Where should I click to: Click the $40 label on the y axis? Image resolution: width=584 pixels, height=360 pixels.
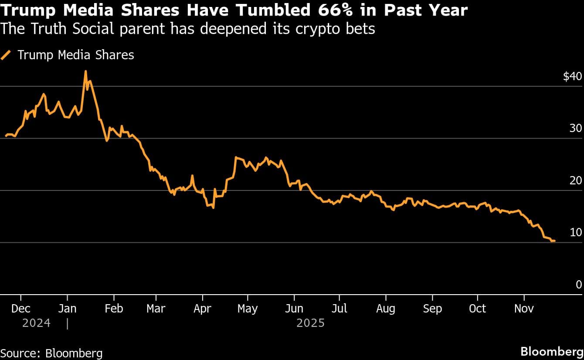[572, 77]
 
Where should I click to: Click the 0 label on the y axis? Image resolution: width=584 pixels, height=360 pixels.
[579, 285]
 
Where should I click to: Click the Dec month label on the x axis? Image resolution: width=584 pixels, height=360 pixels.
[21, 309]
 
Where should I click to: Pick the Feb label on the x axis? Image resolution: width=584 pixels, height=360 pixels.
[114, 309]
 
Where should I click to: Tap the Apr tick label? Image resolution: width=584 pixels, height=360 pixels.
[203, 309]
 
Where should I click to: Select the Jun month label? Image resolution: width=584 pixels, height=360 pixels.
[294, 309]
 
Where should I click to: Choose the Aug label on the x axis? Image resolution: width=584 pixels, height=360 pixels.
[385, 309]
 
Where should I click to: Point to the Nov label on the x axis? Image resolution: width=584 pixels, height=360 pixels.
[524, 309]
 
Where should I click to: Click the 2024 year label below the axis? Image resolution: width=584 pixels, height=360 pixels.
[37, 323]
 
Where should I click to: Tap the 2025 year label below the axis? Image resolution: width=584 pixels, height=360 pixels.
[310, 323]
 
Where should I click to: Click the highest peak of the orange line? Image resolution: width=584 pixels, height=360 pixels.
[85, 71]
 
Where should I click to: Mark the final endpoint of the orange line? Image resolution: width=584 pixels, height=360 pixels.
[554, 241]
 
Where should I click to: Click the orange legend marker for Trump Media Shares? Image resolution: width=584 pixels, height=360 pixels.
[7, 55]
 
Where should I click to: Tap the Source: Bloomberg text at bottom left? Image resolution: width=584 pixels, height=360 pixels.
[51, 353]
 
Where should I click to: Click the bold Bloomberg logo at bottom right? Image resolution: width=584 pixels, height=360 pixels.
[552, 351]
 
